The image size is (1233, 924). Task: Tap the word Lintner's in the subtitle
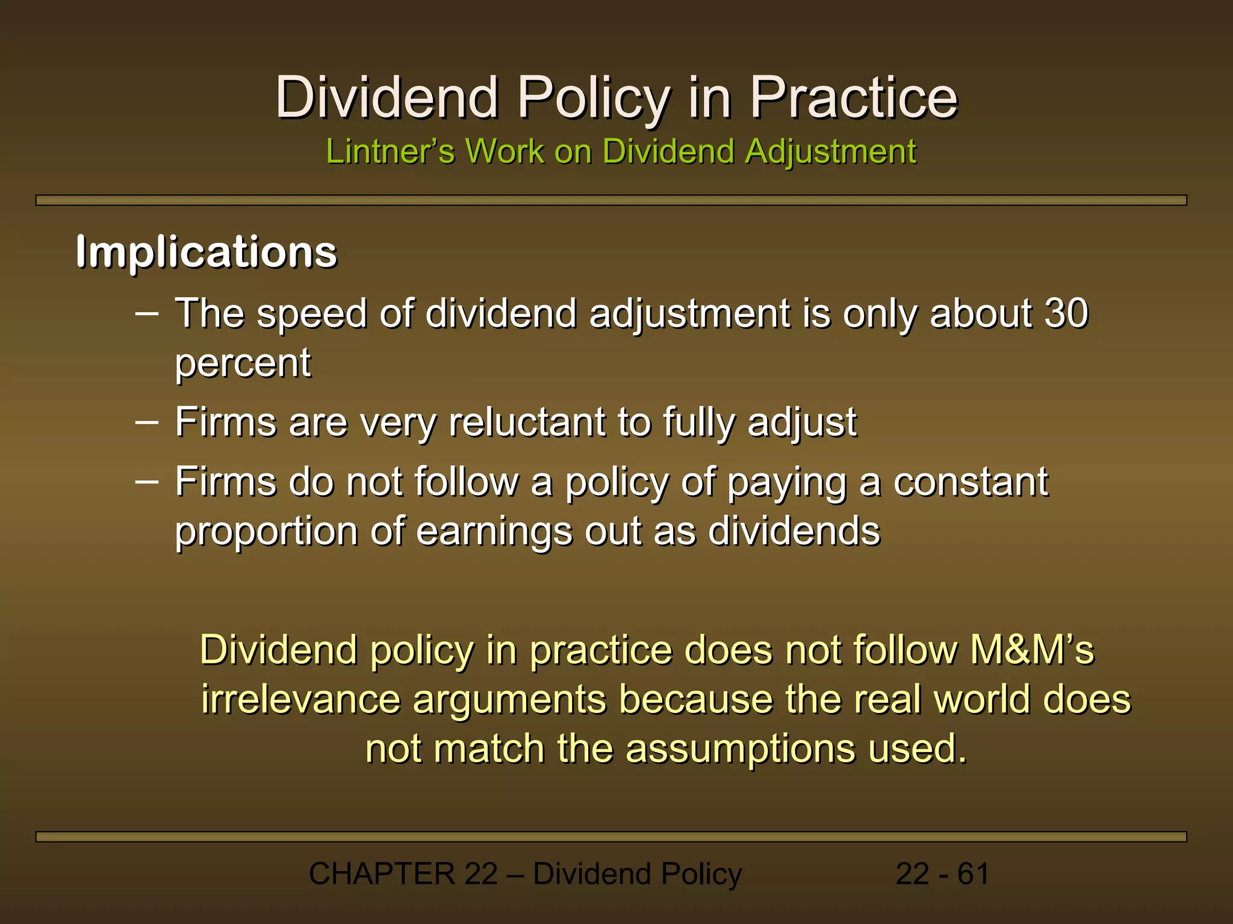[x=390, y=151]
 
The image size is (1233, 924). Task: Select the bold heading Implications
[x=206, y=251]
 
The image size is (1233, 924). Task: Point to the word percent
[x=243, y=363]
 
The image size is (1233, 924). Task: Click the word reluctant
[x=527, y=422]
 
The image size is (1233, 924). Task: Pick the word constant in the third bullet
[x=971, y=482]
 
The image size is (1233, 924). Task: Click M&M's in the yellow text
[x=1032, y=650]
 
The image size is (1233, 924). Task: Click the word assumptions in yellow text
[x=740, y=749]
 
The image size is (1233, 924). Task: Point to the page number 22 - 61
[x=942, y=873]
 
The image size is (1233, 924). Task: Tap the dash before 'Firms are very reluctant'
[x=147, y=422]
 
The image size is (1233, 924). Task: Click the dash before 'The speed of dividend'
[x=147, y=313]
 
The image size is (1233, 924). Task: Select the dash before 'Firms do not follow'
[x=147, y=482]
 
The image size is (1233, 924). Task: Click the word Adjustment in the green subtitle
[x=830, y=151]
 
